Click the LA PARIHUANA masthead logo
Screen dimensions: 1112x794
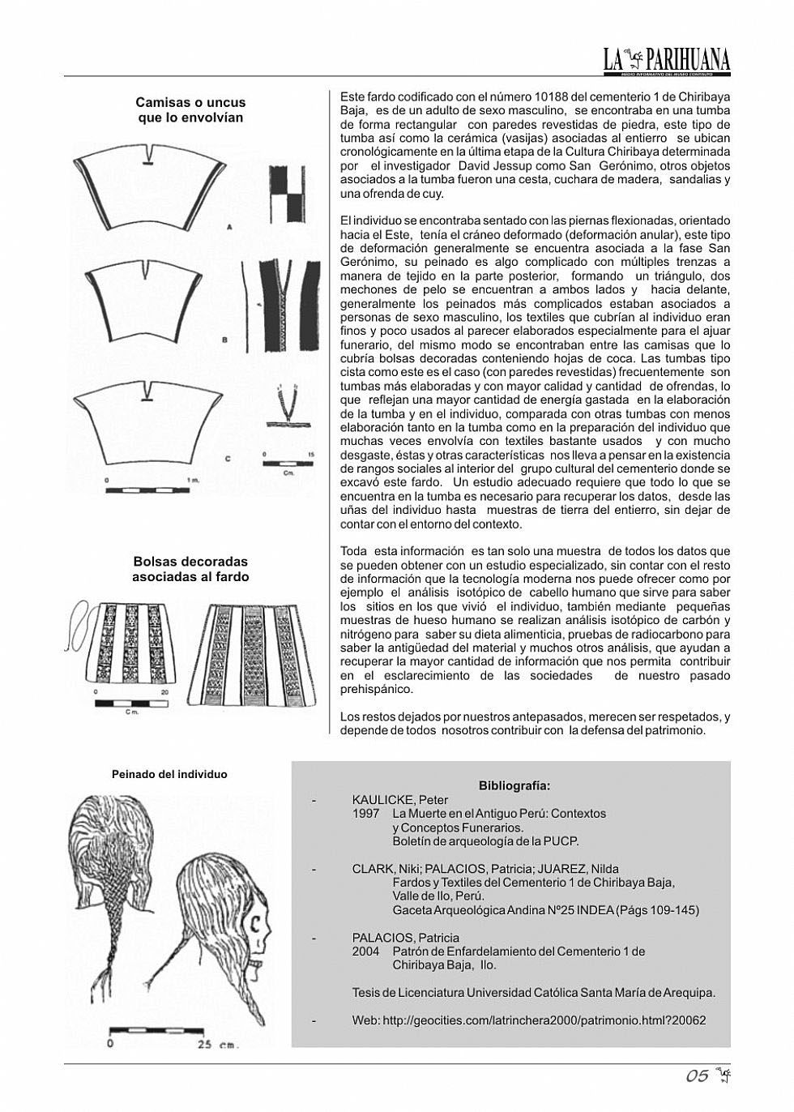666,59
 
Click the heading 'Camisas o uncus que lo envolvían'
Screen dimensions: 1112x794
190,110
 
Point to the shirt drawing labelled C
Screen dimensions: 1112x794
147,428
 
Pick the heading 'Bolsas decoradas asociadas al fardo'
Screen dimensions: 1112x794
190,569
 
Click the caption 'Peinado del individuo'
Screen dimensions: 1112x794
169,774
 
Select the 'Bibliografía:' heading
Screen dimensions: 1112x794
514,785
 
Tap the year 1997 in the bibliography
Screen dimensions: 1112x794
365,814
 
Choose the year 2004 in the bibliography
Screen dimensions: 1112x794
365,952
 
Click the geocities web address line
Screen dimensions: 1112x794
528,1020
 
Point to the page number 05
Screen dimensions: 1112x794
697,1076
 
